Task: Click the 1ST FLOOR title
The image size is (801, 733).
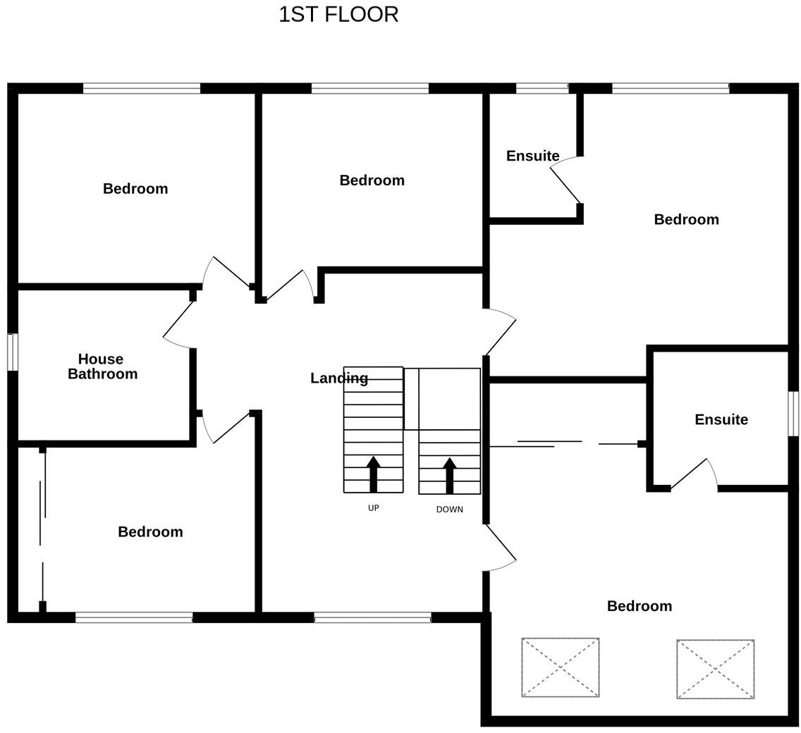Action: point(338,15)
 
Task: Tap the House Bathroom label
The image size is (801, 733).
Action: point(102,366)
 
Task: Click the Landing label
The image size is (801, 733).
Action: point(338,378)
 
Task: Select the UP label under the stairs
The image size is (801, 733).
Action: point(373,508)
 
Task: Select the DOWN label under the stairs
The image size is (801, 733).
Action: point(449,510)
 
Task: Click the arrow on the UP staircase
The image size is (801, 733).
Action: point(374,473)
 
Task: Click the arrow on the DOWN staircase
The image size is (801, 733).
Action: point(449,475)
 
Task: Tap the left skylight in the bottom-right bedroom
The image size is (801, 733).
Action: point(561,667)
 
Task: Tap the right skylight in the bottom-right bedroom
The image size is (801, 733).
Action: point(715,669)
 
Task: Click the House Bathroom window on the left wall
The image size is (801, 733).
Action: point(13,352)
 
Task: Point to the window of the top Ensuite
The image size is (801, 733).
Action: point(542,88)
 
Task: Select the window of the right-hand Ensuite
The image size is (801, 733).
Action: point(793,414)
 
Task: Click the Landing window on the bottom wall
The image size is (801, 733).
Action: point(372,617)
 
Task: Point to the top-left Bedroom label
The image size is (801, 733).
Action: point(135,189)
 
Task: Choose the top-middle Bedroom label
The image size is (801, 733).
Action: point(372,180)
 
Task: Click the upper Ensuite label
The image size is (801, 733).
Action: point(532,156)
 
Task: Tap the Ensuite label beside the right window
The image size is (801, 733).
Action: point(721,420)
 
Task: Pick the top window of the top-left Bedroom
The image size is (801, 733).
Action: point(141,88)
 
